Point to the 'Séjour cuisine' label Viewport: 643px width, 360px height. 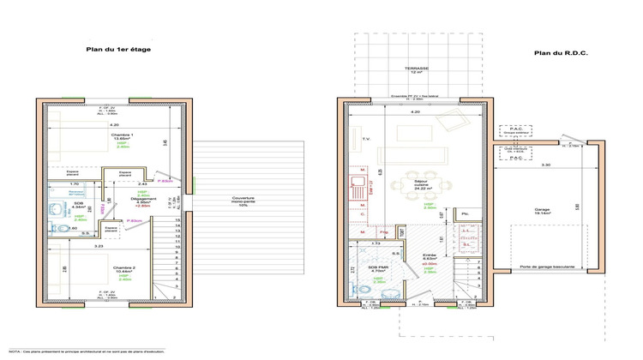tap(419, 184)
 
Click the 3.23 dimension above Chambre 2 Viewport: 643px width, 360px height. tap(99, 246)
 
